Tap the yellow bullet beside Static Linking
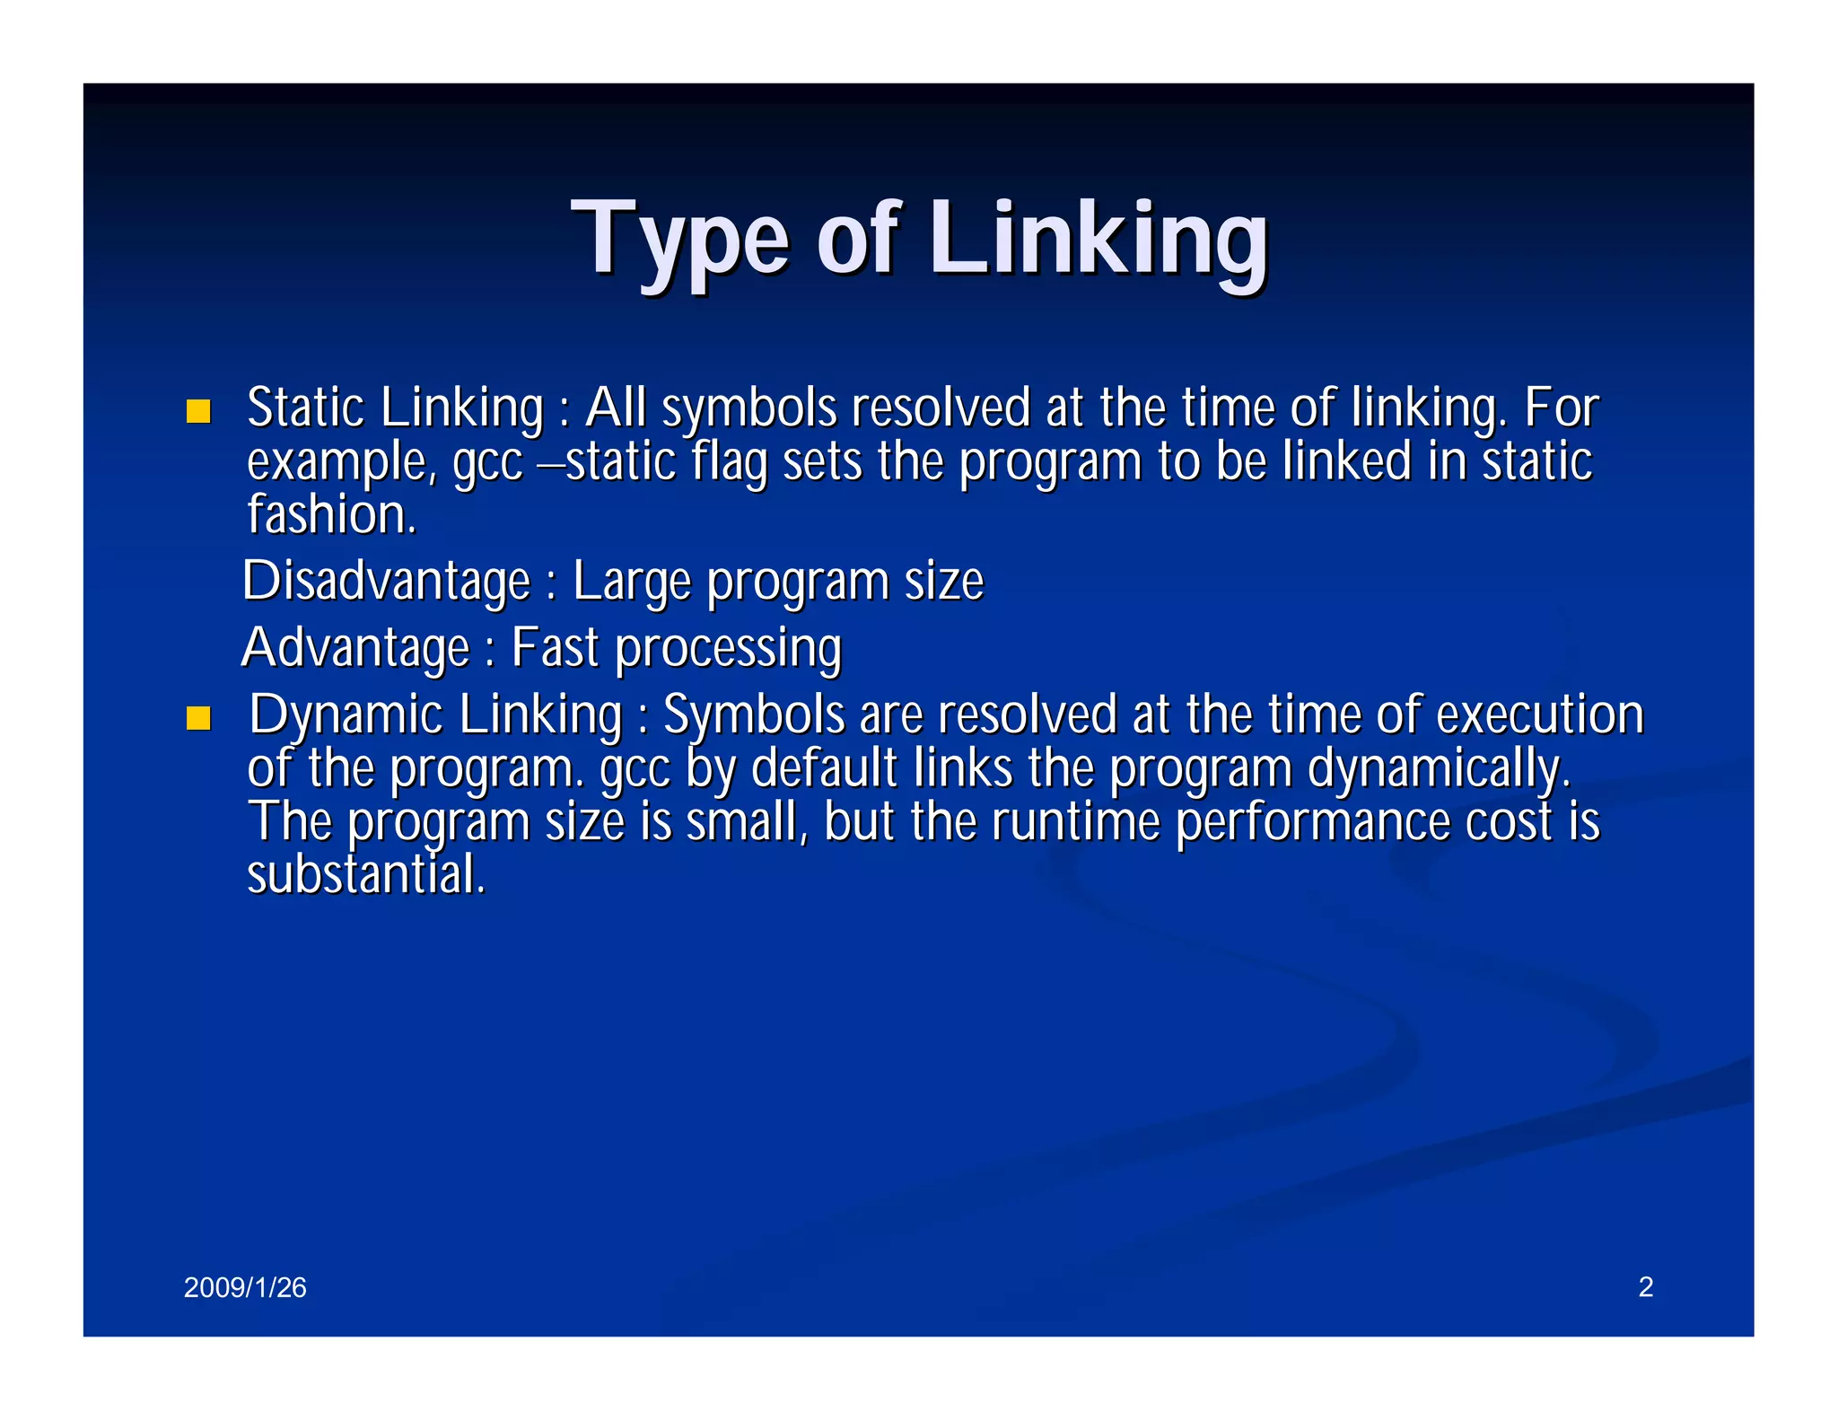198,412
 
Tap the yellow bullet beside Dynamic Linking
198,718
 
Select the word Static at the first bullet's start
305,408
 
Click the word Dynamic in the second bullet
346,715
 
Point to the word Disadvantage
386,581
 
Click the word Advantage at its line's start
355,647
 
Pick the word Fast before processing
556,647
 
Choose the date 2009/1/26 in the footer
245,1288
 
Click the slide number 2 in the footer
1646,1287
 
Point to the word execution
1540,715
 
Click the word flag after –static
730,462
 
